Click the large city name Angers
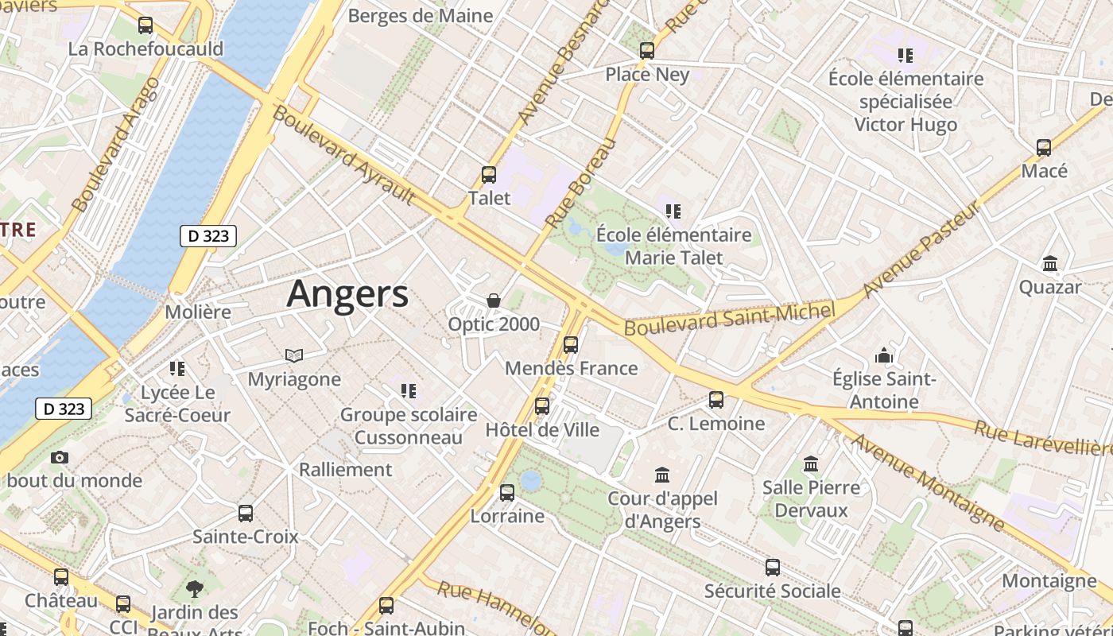tap(347, 294)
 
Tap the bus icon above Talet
tap(489, 175)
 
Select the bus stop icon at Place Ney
tap(647, 51)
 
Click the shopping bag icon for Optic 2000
tap(494, 301)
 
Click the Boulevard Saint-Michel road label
tap(730, 318)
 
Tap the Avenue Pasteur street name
tap(922, 250)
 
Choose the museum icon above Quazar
tap(1050, 263)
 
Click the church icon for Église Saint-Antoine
tap(884, 355)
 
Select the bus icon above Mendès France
tap(571, 345)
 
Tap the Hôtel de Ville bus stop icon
tap(542, 406)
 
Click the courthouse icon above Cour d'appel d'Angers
tap(661, 475)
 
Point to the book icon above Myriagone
tap(294, 355)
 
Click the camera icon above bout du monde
tap(60, 457)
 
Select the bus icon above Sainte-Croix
tap(246, 514)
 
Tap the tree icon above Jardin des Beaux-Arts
tap(194, 589)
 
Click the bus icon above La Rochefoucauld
tap(145, 25)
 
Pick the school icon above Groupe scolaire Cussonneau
tap(409, 390)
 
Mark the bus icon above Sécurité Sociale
tap(772, 568)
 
